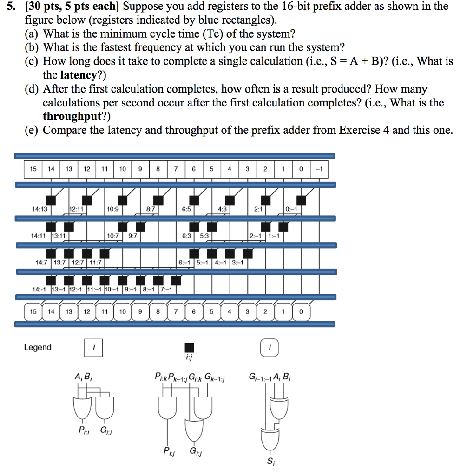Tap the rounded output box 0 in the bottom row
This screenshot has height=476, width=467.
(x=301, y=311)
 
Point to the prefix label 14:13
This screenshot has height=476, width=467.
(x=39, y=209)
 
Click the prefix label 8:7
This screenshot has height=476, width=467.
(x=151, y=209)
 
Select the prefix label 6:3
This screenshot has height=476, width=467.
(x=187, y=236)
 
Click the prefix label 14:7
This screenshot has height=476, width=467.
(x=43, y=262)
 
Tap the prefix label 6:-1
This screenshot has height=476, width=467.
(x=186, y=262)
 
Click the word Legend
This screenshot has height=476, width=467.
(x=38, y=347)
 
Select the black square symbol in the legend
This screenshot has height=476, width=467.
(x=189, y=347)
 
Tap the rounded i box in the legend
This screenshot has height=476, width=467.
(x=270, y=347)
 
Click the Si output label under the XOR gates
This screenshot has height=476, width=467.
(x=270, y=462)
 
